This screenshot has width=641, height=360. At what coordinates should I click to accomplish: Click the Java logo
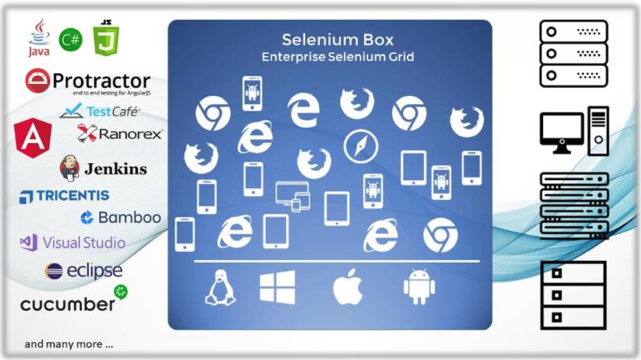pyautogui.click(x=39, y=38)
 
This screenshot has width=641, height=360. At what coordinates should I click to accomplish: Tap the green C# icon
pyautogui.click(x=70, y=40)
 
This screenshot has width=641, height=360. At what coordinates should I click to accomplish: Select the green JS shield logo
pyautogui.click(x=106, y=39)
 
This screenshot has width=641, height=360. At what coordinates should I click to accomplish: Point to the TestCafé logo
pyautogui.click(x=100, y=111)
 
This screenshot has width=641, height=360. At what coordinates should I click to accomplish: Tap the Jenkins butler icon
pyautogui.click(x=69, y=168)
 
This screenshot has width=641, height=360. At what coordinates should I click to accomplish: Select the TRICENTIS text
pyautogui.click(x=72, y=196)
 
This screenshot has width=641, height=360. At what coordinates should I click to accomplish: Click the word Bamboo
pyautogui.click(x=129, y=218)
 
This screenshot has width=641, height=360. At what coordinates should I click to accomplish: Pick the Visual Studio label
pyautogui.click(x=84, y=243)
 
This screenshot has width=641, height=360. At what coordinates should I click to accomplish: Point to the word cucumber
pyautogui.click(x=68, y=304)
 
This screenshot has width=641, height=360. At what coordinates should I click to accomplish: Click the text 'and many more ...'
pyautogui.click(x=69, y=344)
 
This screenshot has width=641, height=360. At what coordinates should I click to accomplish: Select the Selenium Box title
pyautogui.click(x=338, y=40)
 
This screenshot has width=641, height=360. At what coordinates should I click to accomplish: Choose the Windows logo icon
pyautogui.click(x=277, y=287)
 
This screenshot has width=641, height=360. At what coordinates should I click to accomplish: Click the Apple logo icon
pyautogui.click(x=348, y=288)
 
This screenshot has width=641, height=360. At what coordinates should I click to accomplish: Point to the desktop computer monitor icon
pyautogui.click(x=561, y=129)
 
